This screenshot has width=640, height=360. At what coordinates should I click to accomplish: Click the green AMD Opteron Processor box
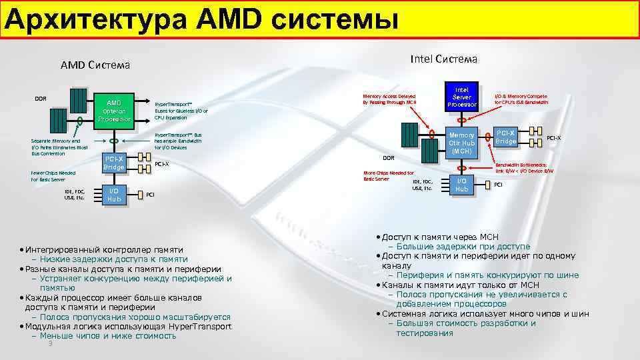(x=114, y=111)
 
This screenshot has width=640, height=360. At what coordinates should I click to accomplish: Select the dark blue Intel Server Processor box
(x=461, y=97)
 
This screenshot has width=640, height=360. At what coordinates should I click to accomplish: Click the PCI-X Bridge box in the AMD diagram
(x=114, y=163)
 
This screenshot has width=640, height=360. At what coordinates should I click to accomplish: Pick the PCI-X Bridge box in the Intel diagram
(x=505, y=137)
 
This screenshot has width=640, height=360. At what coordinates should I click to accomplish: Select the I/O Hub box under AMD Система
(x=114, y=195)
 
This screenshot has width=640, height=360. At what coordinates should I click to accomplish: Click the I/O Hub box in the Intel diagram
(x=461, y=185)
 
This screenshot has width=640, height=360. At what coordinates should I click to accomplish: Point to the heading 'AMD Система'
(x=95, y=65)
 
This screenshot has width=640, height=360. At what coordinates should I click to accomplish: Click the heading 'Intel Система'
(x=443, y=59)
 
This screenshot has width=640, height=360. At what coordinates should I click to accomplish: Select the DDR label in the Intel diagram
(x=388, y=158)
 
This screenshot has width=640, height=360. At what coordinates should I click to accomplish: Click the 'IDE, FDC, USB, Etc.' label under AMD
(x=74, y=195)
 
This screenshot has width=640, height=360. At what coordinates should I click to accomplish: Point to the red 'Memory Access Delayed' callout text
(x=389, y=99)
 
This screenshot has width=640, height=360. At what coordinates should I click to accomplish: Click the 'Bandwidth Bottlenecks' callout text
(x=523, y=167)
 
